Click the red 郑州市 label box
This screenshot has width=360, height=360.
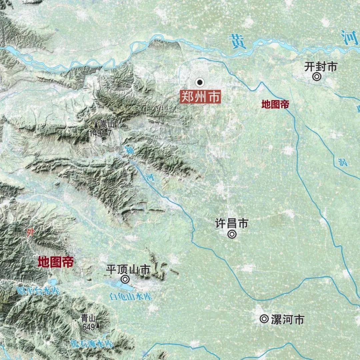pos(200,97)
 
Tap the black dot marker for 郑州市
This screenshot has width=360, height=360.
pos(200,82)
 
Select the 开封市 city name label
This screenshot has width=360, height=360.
pos(321,66)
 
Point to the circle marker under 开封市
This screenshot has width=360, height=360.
pos(317,77)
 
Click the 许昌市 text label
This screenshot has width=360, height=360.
pos(232,223)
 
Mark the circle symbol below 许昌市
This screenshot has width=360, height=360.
pos(232,234)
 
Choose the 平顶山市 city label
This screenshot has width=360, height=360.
pos(128,269)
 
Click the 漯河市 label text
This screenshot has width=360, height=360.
pos(287,319)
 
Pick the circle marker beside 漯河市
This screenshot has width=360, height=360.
pos(264,319)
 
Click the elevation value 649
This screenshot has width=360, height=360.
pos(89,327)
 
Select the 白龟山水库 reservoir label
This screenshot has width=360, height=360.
pos(131,296)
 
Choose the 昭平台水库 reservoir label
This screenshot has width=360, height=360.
pos(38,290)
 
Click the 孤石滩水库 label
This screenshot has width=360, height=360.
pos(92,344)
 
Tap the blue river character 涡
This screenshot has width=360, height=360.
pos(342,162)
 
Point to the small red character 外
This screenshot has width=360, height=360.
pos(30,232)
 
